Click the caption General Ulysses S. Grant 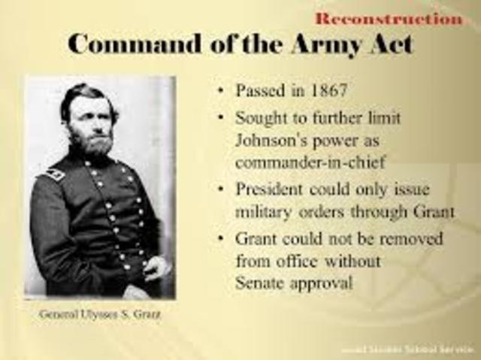click(100, 313)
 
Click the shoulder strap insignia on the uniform click(53, 174)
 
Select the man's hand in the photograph click(156, 267)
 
